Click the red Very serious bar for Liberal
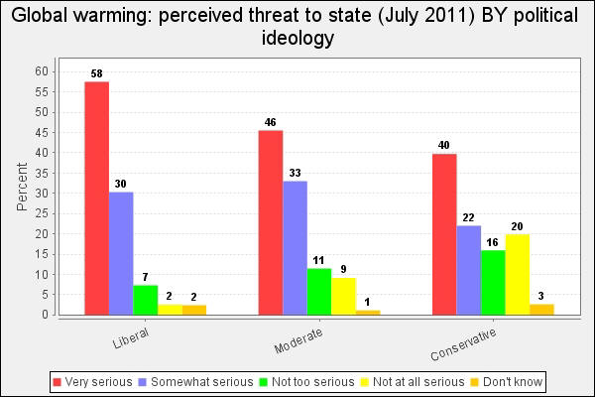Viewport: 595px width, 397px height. point(96,198)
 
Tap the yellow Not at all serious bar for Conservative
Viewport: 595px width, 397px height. point(517,275)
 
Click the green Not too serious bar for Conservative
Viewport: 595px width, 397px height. point(492,282)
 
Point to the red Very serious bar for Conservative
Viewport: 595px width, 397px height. point(443,234)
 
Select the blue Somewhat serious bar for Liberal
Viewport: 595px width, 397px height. point(121,253)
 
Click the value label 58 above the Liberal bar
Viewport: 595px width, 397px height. point(96,73)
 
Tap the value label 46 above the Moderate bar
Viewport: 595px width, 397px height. point(270,122)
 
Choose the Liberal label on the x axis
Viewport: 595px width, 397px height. point(131,338)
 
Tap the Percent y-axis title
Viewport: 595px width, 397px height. point(22,189)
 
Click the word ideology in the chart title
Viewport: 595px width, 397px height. point(297,39)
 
